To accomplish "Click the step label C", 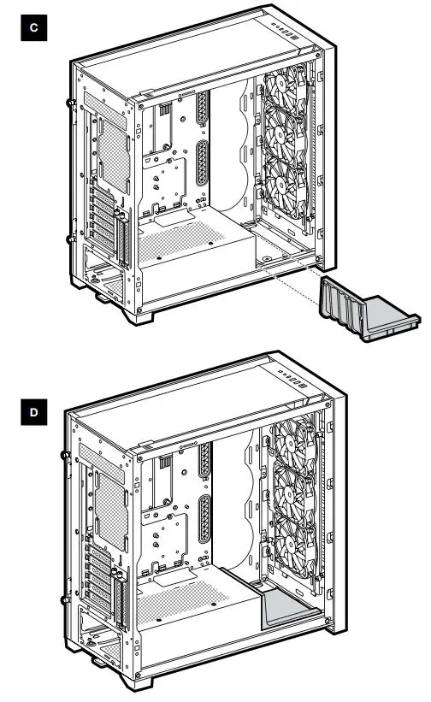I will [32, 29].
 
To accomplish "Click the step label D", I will [32, 413].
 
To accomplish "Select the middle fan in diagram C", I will [286, 142].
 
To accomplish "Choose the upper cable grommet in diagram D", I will [204, 463].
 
